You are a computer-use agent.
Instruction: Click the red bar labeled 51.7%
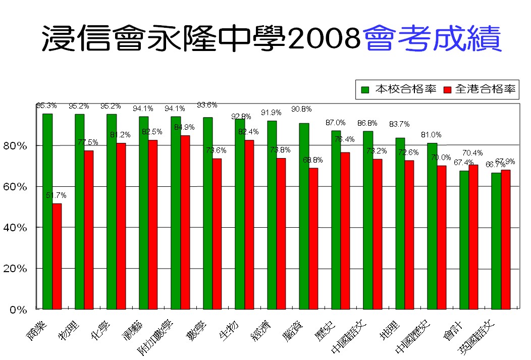tap(57, 256)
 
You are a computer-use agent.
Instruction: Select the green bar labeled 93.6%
tap(207, 213)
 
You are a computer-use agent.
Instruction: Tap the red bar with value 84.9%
tap(185, 222)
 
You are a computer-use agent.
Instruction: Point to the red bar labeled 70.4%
tap(473, 237)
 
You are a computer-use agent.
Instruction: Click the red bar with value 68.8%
tap(313, 238)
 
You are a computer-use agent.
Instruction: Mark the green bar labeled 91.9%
tap(272, 215)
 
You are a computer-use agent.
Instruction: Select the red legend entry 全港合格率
tap(480, 89)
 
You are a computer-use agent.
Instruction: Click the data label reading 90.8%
tap(301, 109)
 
